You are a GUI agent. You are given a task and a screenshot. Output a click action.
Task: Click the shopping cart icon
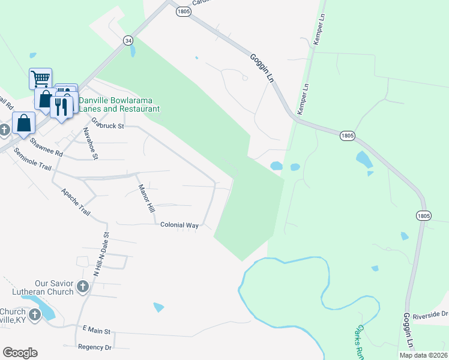click(x=40, y=78)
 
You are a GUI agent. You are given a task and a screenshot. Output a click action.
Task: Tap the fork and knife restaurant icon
click(x=61, y=107)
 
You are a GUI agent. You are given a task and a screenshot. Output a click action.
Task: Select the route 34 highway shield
click(x=128, y=40)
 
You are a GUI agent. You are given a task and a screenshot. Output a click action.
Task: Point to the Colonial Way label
click(x=179, y=225)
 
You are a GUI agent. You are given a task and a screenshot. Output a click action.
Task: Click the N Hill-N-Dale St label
click(x=101, y=254)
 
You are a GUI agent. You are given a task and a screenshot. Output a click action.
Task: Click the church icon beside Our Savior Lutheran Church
click(x=83, y=287)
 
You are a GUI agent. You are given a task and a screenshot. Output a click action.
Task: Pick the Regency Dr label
click(x=95, y=347)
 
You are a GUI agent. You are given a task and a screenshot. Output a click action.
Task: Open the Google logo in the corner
click(x=20, y=352)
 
